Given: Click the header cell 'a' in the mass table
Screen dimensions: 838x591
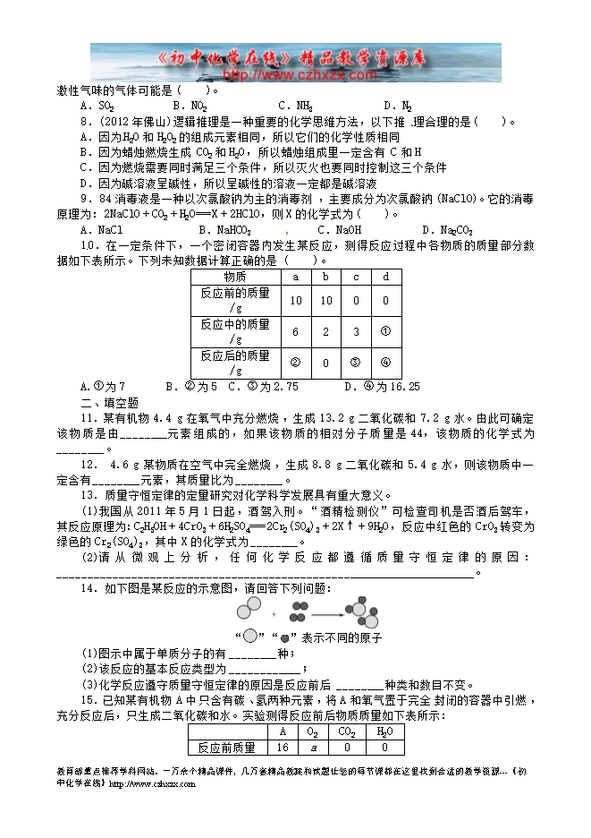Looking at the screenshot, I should [x=296, y=277].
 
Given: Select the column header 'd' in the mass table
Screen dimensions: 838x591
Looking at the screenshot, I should [x=385, y=277].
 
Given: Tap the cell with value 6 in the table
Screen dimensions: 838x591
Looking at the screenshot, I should [x=296, y=331].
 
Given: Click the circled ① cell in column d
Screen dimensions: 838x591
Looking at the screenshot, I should [x=385, y=331].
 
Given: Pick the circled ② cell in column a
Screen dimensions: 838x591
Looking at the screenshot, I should [x=296, y=363].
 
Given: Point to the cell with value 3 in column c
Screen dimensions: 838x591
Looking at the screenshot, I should [x=356, y=331].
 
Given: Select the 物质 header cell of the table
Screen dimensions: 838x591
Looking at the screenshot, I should [x=235, y=277].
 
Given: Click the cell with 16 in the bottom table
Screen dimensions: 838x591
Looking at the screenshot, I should [x=283, y=747].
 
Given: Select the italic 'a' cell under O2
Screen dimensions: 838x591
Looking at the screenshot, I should [x=313, y=747].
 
